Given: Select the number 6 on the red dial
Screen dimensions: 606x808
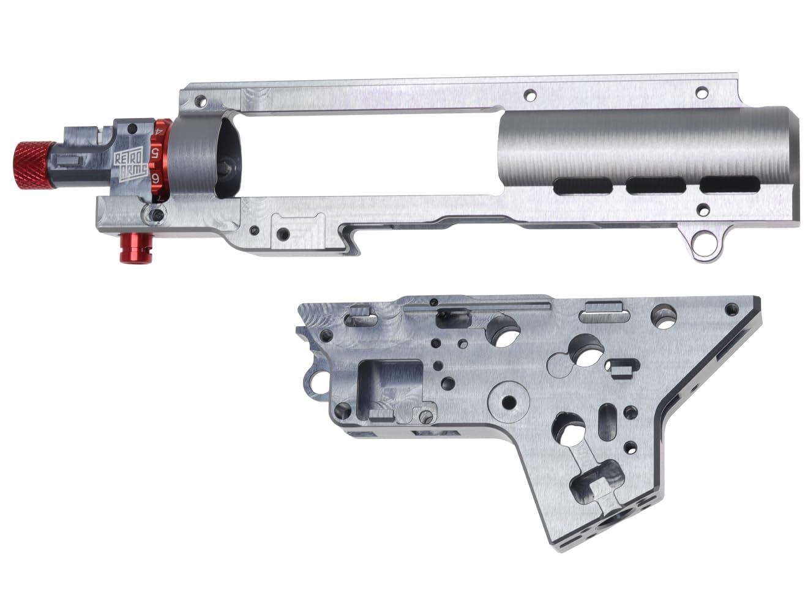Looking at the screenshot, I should click(157, 178).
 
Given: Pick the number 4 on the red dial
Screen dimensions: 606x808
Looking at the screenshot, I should click(159, 130).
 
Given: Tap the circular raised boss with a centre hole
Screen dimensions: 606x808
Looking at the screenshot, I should click(508, 402).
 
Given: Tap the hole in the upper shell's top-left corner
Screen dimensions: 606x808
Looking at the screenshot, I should click(199, 99).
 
